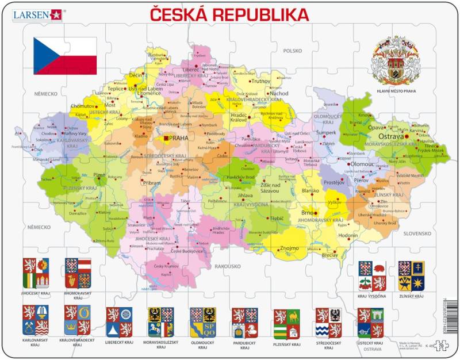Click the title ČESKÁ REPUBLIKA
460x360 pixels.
[x=229, y=14]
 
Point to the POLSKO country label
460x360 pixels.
[x=292, y=51]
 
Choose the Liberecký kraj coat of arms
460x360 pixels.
[x=119, y=322]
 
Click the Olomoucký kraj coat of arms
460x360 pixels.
[x=203, y=322]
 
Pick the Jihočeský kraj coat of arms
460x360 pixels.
[x=36, y=273]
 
